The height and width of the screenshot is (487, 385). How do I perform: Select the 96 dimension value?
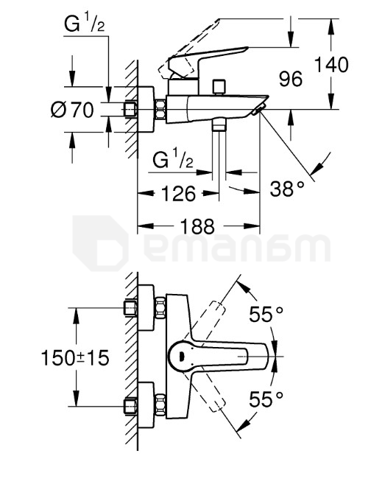coord(292,79)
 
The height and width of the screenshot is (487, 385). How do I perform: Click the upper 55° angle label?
coord(266,315)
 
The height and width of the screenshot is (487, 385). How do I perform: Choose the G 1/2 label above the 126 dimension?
coord(174,158)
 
